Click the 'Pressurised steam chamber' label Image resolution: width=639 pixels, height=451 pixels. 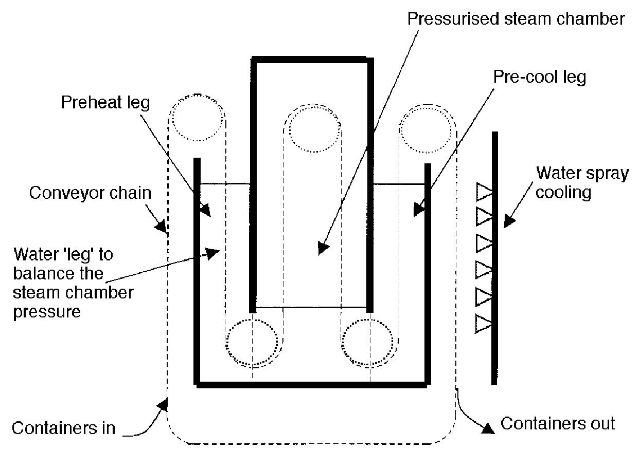(x=516, y=19)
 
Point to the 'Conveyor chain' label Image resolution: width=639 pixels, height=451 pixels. (x=90, y=193)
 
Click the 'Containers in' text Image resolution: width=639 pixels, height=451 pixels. (x=63, y=428)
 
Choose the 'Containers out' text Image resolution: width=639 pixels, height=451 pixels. (x=558, y=424)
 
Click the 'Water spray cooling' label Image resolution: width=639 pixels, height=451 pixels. (x=582, y=182)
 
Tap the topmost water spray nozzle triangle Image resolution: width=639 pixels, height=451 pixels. (x=484, y=192)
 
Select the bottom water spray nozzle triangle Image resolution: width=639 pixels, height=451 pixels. (x=484, y=324)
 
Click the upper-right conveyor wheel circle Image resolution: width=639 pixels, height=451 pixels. (x=427, y=128)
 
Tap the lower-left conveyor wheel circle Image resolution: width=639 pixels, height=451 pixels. (x=252, y=343)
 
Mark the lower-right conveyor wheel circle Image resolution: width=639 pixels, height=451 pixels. (x=367, y=343)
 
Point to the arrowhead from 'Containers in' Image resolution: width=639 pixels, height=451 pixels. (x=164, y=405)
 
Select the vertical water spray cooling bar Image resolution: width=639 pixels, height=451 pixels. (x=494, y=257)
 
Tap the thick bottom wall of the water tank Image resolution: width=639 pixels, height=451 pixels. (x=311, y=384)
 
